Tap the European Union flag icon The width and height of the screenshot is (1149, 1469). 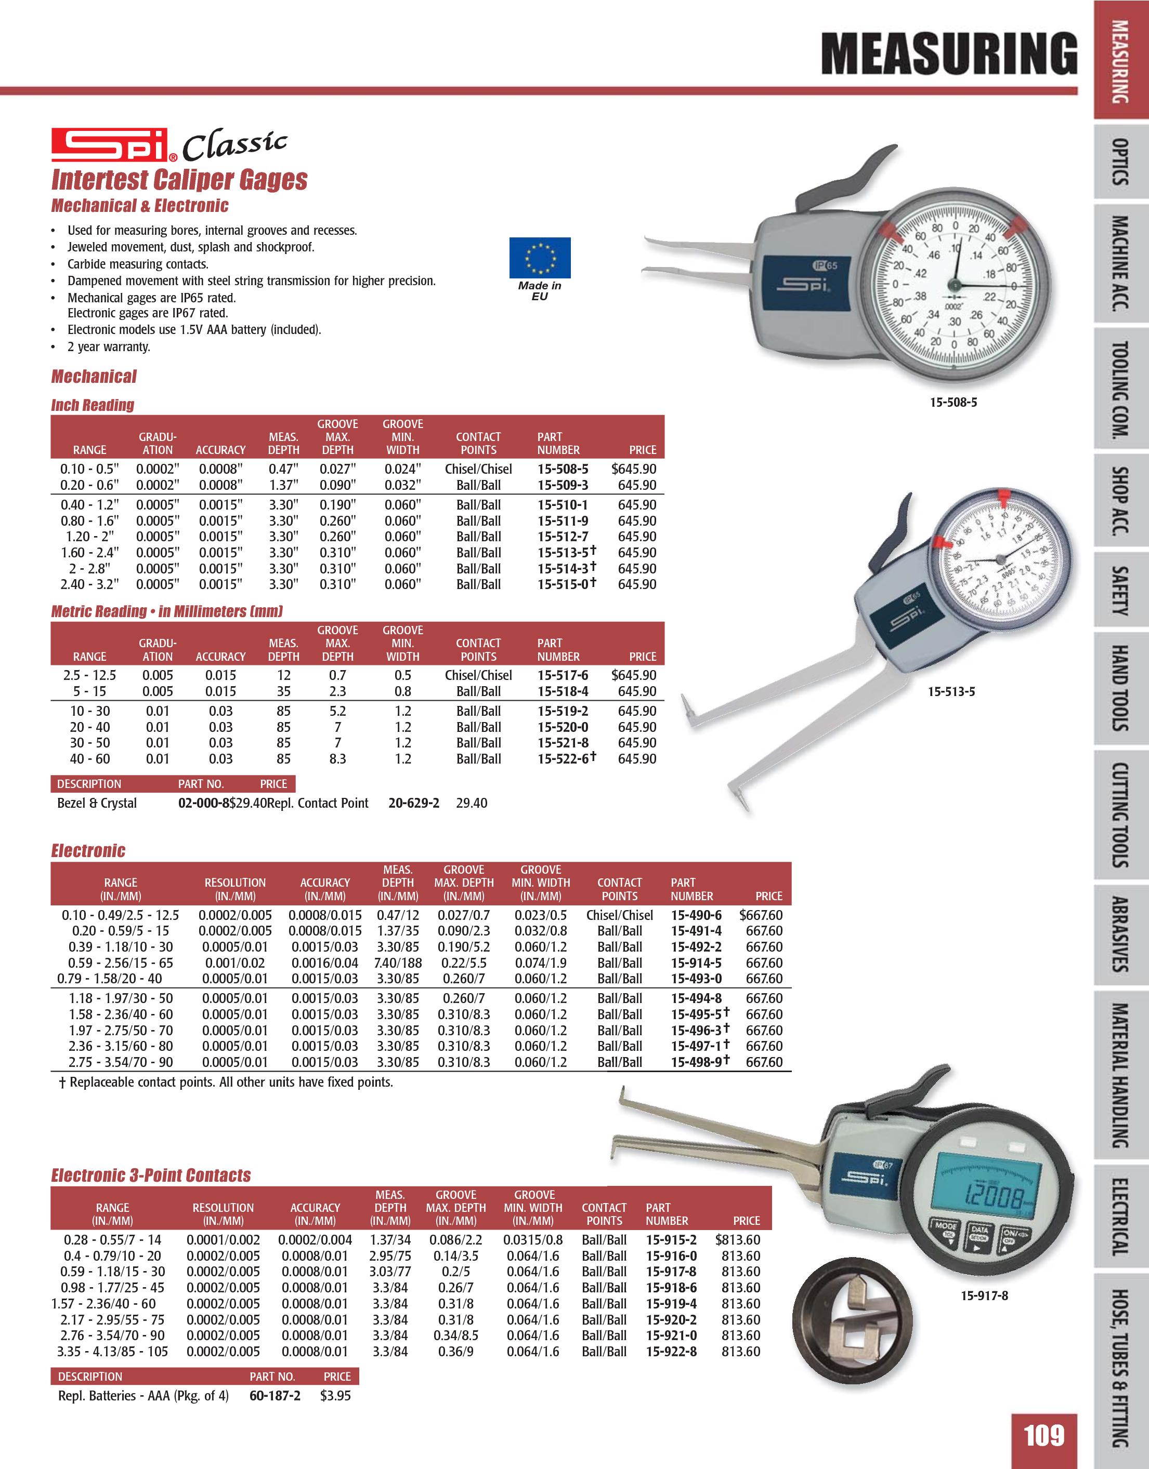pyautogui.click(x=540, y=258)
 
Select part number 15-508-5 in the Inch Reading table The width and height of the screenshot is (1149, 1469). pyautogui.click(x=563, y=469)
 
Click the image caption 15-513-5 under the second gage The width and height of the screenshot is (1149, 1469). pyautogui.click(x=951, y=691)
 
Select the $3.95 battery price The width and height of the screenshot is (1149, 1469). pyautogui.click(x=335, y=1396)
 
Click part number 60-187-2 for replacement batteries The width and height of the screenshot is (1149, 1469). pyautogui.click(x=275, y=1396)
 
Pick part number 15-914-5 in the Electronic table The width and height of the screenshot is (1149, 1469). pyautogui.click(x=696, y=963)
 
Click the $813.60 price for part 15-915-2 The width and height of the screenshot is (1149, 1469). pyautogui.click(x=738, y=1239)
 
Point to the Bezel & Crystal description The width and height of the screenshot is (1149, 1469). pyautogui.click(x=97, y=803)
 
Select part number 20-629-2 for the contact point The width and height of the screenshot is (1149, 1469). pyautogui.click(x=414, y=803)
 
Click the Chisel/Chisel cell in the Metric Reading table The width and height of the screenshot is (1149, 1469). pyautogui.click(x=478, y=675)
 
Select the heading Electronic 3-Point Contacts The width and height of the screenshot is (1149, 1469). pyautogui.click(x=151, y=1176)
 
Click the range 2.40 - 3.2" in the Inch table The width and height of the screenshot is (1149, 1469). pyautogui.click(x=89, y=584)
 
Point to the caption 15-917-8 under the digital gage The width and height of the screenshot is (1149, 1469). pyautogui.click(x=984, y=1296)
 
